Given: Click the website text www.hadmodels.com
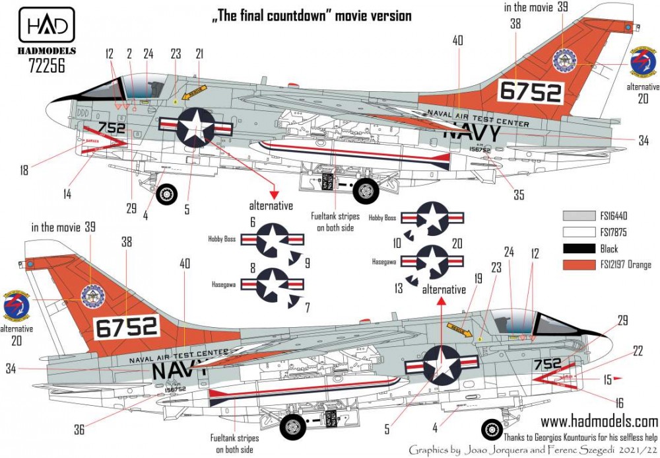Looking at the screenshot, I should click(599, 421).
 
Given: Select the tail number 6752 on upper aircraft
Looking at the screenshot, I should click(530, 92).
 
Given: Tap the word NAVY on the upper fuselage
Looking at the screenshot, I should click(472, 132).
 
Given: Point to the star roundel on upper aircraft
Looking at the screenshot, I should click(196, 128).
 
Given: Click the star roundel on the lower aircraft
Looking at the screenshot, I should click(442, 364).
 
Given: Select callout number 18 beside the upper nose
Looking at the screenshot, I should click(24, 171).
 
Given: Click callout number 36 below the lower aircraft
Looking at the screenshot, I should click(79, 430).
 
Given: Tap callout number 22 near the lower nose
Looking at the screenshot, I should click(637, 352).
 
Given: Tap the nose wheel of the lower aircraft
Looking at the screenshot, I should click(492, 430).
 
